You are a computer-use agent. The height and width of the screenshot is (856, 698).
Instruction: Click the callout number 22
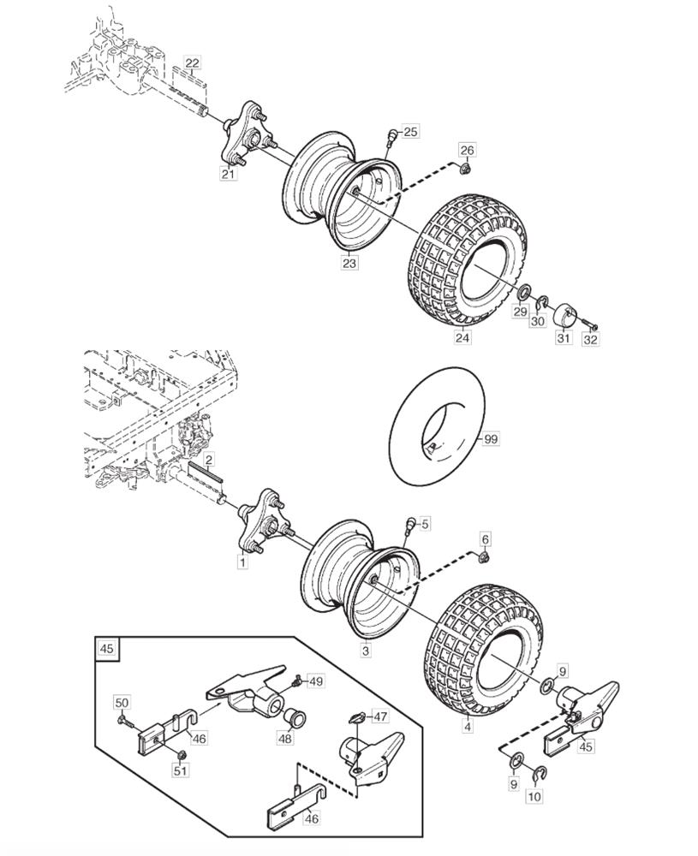[192, 63]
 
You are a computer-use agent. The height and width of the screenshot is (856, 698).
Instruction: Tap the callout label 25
[411, 132]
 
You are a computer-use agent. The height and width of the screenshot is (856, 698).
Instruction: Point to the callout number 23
[349, 263]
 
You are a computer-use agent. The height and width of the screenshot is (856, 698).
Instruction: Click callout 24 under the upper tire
[462, 337]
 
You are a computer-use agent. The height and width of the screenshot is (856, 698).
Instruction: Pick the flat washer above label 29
[522, 291]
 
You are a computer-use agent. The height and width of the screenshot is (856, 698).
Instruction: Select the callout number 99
[491, 438]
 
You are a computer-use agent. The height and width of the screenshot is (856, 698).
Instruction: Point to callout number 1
[242, 562]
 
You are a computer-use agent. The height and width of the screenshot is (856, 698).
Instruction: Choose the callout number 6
[486, 538]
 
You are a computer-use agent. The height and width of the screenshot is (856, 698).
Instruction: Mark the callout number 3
[366, 651]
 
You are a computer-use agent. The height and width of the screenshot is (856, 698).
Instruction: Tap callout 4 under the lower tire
[467, 726]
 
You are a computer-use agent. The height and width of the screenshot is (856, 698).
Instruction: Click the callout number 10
[535, 796]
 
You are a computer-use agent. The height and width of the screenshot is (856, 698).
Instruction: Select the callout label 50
[122, 702]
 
